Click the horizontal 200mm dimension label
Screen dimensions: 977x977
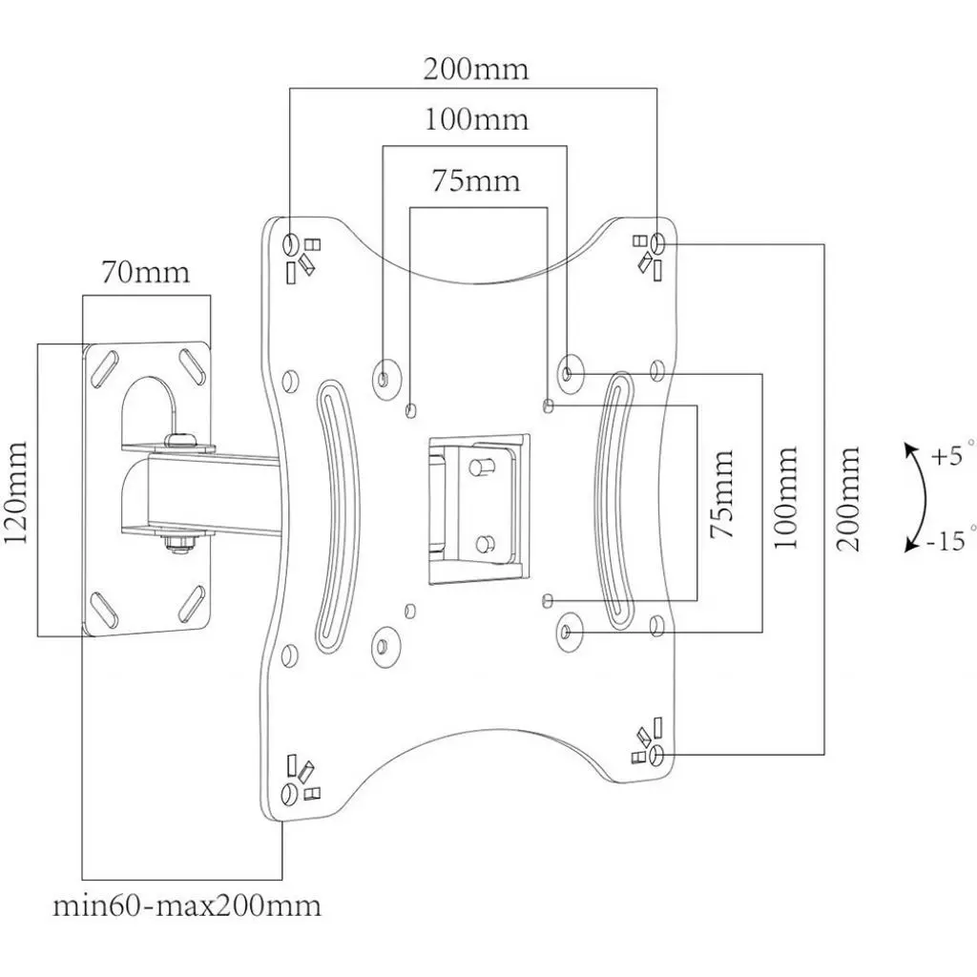[x=475, y=70]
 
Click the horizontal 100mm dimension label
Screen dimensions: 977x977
[x=475, y=121]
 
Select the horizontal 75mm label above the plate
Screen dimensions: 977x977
[x=475, y=181]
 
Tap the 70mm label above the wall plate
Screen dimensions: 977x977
[x=146, y=273]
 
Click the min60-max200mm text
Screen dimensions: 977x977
[x=187, y=904]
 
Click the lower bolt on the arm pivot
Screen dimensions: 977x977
[x=177, y=544]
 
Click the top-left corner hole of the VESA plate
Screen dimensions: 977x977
[x=291, y=241]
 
